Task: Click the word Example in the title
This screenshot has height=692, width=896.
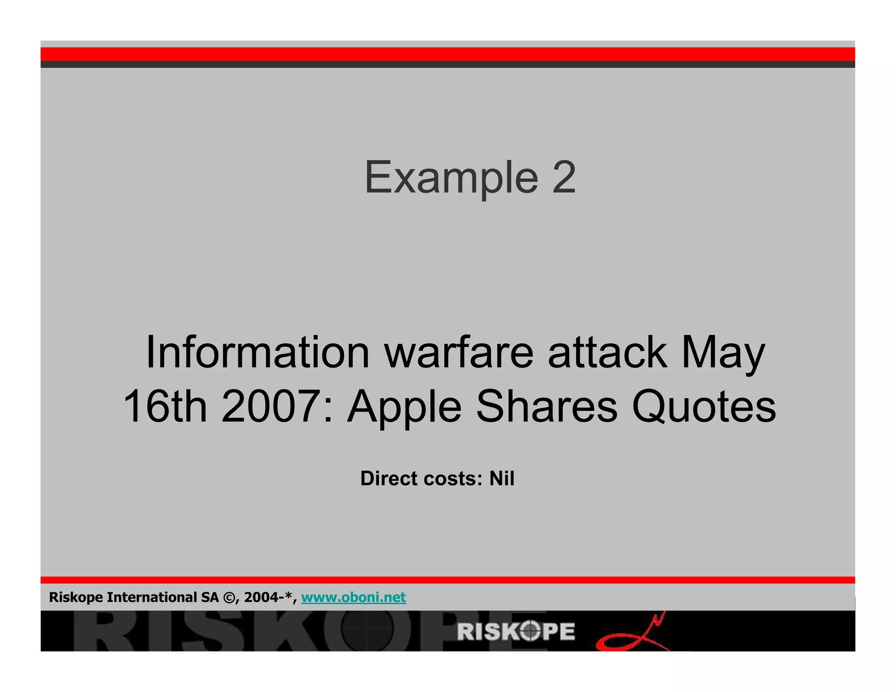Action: [451, 178]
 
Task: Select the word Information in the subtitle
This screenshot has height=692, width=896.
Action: [258, 352]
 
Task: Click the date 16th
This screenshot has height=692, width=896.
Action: [165, 406]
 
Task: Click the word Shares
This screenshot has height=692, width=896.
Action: [546, 406]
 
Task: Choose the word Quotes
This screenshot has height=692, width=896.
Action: [703, 407]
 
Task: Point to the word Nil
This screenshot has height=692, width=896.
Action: [501, 479]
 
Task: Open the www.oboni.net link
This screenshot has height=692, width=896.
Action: [353, 598]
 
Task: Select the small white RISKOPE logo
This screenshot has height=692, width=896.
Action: [516, 632]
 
